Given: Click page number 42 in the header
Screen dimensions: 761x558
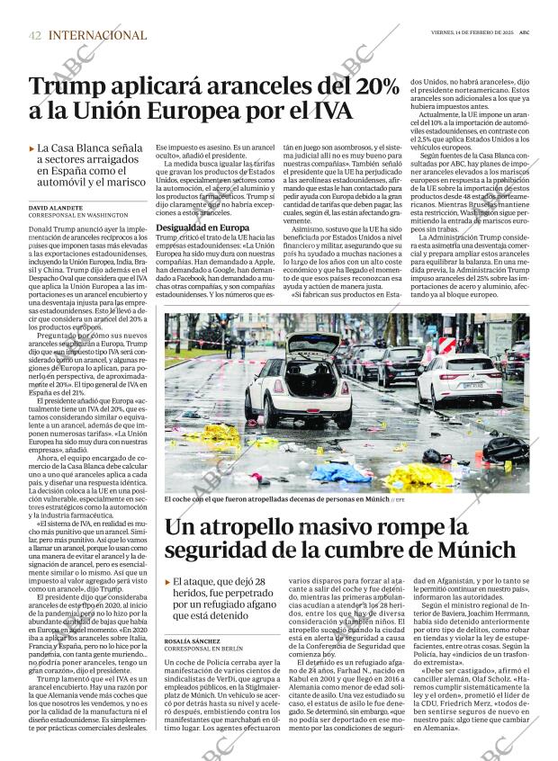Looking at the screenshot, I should pos(34,35).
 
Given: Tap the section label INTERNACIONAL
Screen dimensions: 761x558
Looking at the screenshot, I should pos(98,35).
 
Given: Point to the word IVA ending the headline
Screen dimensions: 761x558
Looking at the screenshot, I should pos(328,114).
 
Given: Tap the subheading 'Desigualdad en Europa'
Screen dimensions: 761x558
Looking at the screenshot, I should pos(197,228).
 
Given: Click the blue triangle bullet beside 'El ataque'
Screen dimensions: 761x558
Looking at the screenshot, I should pos(168,582).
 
